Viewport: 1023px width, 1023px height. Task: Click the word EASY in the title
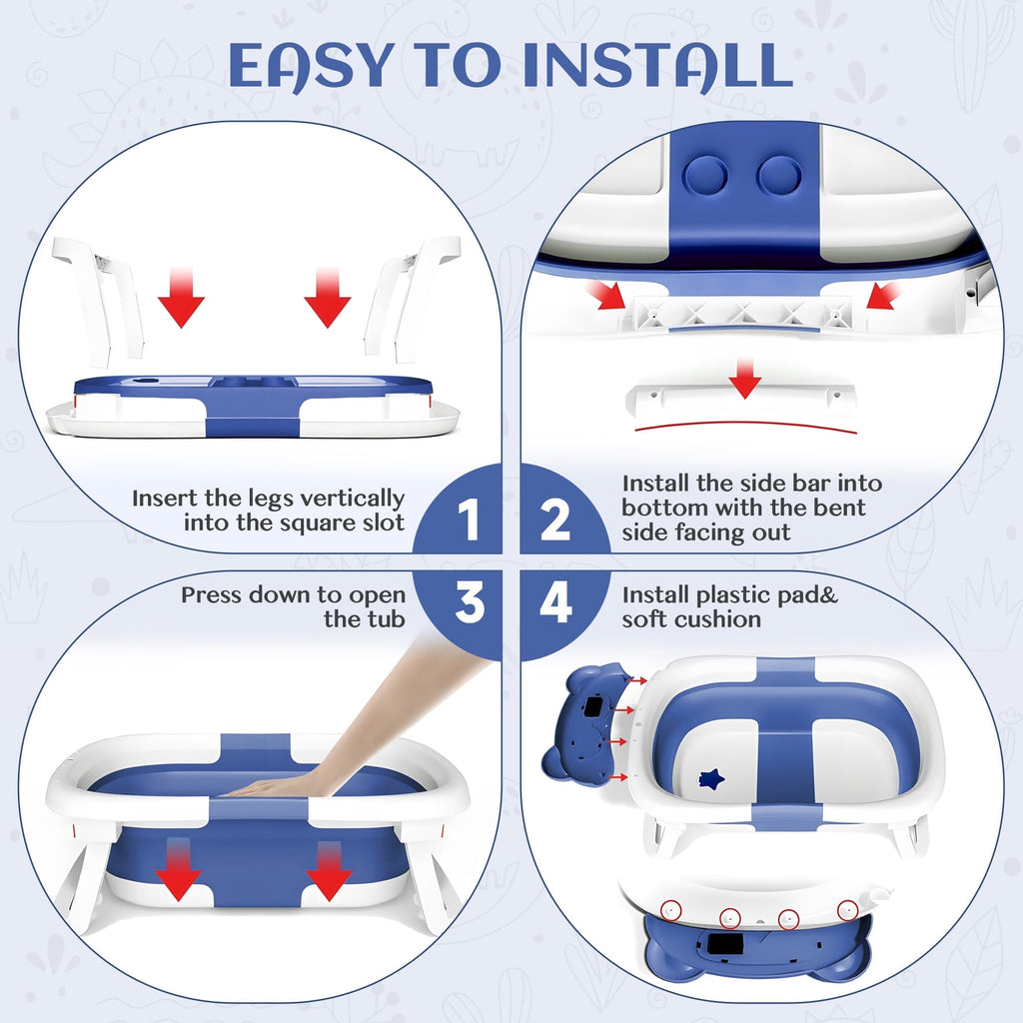tap(311, 66)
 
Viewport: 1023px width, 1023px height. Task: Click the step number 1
tap(469, 519)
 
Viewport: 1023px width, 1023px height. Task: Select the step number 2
tap(555, 519)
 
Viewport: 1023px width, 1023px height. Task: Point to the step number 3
tap(470, 602)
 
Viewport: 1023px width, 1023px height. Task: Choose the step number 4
tap(555, 602)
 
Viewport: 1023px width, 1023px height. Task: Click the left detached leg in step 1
tap(98, 301)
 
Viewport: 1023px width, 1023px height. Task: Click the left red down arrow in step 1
tap(182, 298)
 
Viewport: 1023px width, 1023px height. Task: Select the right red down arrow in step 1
tap(328, 298)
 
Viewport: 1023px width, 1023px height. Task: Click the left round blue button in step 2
tap(706, 175)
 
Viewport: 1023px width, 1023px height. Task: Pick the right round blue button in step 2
tap(779, 176)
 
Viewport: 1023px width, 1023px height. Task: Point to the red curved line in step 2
tap(745, 424)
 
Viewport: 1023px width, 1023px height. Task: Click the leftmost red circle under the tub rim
tap(670, 909)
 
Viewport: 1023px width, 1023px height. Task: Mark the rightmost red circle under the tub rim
tap(847, 909)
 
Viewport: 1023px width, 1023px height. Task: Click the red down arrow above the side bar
tap(745, 378)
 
